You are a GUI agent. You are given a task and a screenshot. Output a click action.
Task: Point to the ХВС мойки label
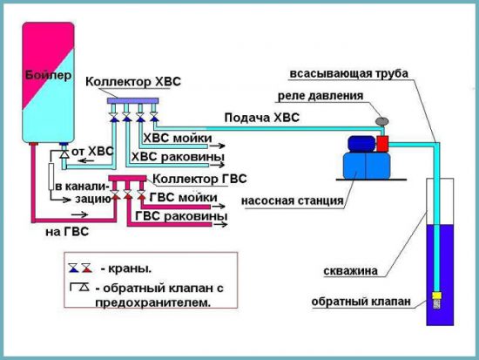point(181,138)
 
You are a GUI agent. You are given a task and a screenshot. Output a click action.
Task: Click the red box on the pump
point(380,143)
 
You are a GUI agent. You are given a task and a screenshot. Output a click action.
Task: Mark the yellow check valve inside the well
point(437,302)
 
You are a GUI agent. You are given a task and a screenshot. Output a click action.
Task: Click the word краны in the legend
point(134,268)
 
